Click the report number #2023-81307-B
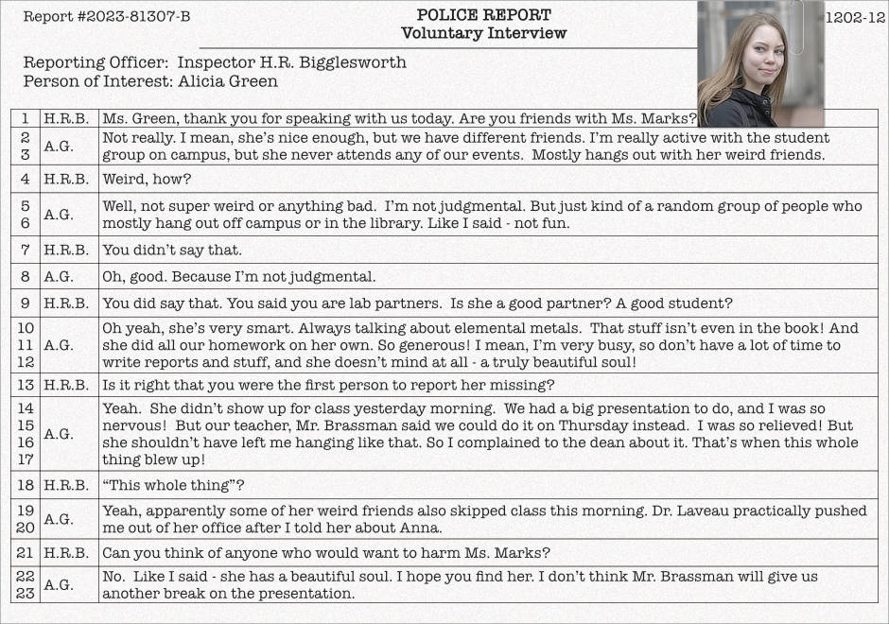[107, 17]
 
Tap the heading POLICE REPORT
[483, 15]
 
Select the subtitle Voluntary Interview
[483, 33]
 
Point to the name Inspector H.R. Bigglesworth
[292, 62]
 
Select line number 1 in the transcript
[25, 119]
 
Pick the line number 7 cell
[25, 251]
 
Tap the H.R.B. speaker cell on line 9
[66, 303]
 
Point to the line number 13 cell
[25, 385]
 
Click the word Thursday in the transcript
[654, 425]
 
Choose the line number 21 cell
[25, 553]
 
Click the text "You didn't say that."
[172, 251]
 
